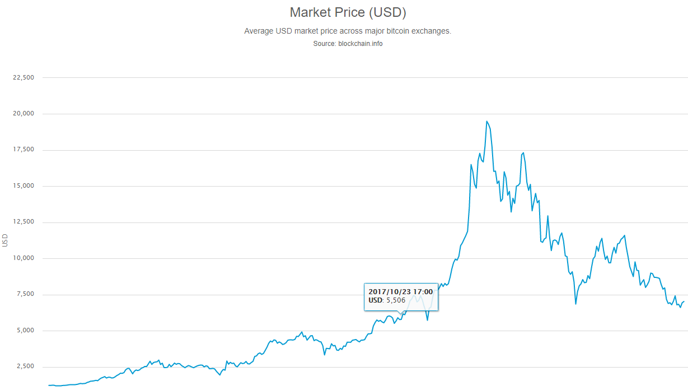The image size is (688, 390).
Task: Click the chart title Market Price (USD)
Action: coord(348,12)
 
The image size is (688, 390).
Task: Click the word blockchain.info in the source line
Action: coord(361,44)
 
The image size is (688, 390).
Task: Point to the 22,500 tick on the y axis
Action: coord(24,77)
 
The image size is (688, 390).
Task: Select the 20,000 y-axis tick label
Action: coord(24,114)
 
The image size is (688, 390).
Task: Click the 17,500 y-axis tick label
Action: coord(24,150)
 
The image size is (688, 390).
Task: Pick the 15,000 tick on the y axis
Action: coord(24,186)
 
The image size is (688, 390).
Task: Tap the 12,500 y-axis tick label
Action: coord(24,222)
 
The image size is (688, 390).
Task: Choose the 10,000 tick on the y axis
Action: coord(24,258)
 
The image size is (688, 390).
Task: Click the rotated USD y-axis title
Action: coord(5,240)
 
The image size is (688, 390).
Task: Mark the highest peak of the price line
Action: coord(486,121)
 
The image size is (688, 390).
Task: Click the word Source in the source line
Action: coord(324,44)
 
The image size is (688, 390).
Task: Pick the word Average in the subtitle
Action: coord(259,31)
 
